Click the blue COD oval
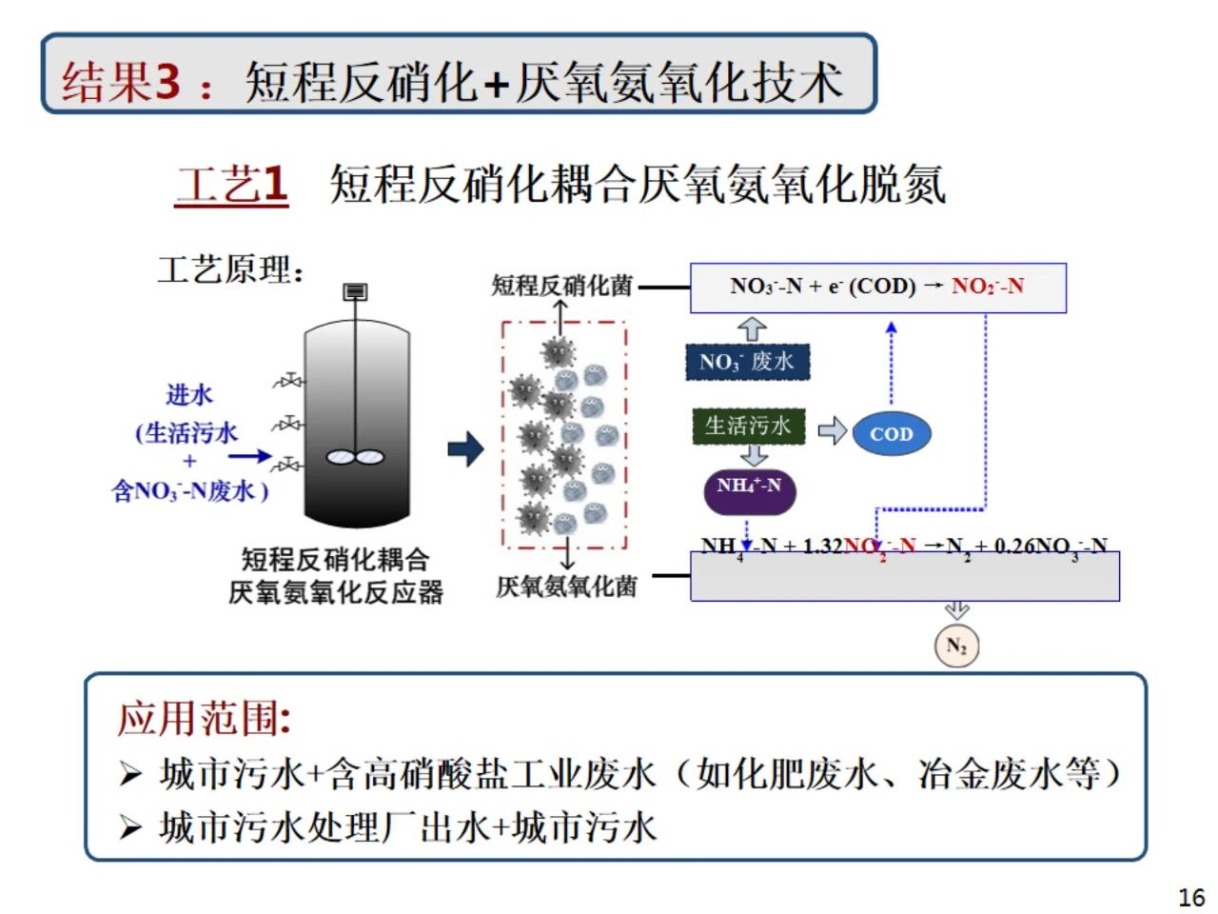tap(891, 434)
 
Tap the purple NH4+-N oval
tap(749, 487)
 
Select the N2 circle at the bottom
tap(956, 646)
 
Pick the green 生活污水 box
tap(748, 426)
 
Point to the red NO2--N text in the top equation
tap(988, 287)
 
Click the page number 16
tap(1190, 897)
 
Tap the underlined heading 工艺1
tap(231, 184)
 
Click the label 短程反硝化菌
tap(561, 286)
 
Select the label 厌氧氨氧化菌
tap(566, 586)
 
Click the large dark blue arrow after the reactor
tap(466, 449)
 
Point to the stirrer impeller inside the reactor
tap(355, 458)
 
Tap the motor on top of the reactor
tap(355, 291)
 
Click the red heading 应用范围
tap(203, 718)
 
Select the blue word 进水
tap(189, 395)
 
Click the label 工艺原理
tap(230, 270)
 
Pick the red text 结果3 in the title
tap(121, 81)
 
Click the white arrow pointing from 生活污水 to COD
tap(832, 430)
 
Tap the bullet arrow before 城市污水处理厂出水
tap(130, 827)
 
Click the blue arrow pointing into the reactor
tap(249, 457)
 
